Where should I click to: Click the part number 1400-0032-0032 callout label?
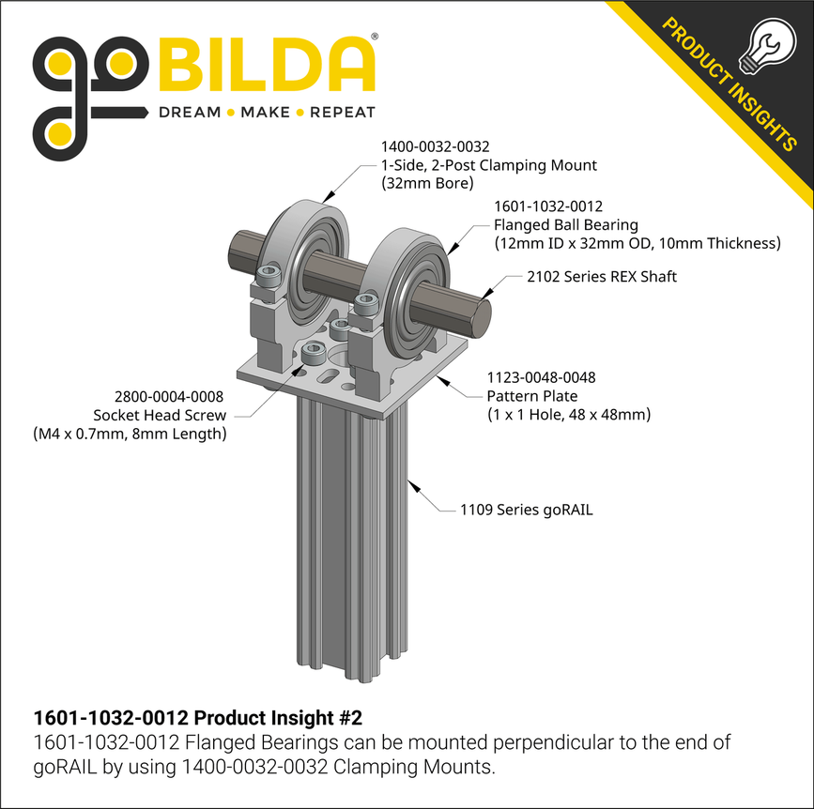pyautogui.click(x=435, y=147)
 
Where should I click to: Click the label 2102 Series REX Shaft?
pyautogui.click(x=601, y=276)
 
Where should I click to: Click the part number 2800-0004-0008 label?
pyautogui.click(x=169, y=397)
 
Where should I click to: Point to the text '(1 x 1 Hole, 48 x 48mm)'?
pyautogui.click(x=568, y=414)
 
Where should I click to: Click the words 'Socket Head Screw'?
pyautogui.click(x=160, y=415)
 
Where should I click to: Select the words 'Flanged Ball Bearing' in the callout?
pyautogui.click(x=565, y=224)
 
